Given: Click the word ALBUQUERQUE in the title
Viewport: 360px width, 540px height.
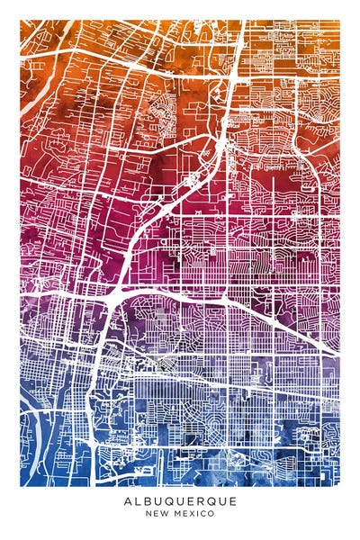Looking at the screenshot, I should point(180,501).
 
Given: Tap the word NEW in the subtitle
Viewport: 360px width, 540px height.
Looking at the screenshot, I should point(156,514).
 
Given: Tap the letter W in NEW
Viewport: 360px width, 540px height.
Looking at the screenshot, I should point(163,514).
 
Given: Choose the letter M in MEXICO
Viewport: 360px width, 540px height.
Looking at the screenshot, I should point(175,514).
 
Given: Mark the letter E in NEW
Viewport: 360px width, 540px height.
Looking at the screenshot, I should point(155,514).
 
